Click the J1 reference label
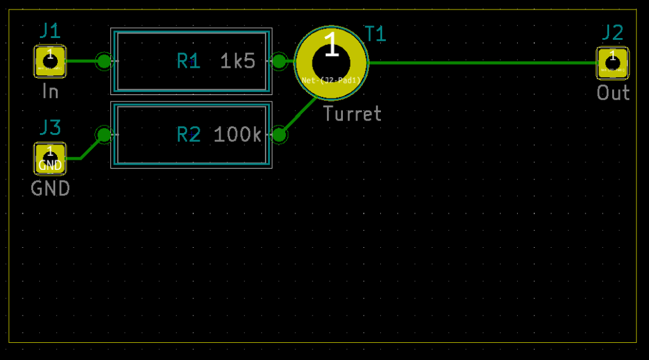(50, 30)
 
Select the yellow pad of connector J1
(50, 61)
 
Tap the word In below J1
(50, 92)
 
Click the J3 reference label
(50, 128)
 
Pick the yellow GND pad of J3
(50, 158)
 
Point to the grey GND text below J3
(50, 189)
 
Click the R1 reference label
(188, 61)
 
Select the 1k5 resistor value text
(238, 61)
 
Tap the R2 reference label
(188, 135)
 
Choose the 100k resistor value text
(238, 135)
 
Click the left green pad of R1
(103, 61)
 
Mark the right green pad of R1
(279, 61)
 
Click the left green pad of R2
(103, 135)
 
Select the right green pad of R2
(279, 135)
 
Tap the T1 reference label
(375, 34)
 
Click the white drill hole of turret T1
(331, 63)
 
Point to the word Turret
(352, 114)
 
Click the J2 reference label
(612, 32)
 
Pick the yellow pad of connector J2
(612, 62)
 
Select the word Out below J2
(613, 93)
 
